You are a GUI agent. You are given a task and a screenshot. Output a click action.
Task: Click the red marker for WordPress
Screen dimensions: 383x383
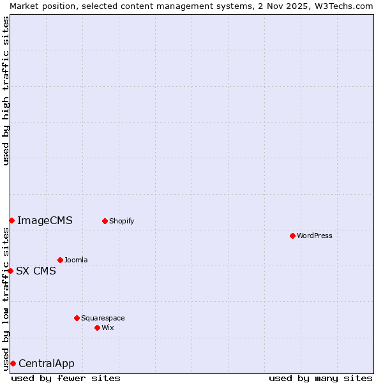coord(293,236)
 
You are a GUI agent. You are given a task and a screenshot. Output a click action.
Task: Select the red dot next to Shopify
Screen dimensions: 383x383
coord(105,221)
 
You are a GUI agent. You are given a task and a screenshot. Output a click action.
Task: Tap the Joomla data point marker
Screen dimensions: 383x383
coord(60,260)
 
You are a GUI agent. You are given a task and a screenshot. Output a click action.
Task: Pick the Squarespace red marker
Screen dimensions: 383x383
coord(77,318)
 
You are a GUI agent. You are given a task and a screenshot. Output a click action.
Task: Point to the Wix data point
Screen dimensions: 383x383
coord(97,327)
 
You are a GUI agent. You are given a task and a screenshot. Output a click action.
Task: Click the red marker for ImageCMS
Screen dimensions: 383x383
coord(11,220)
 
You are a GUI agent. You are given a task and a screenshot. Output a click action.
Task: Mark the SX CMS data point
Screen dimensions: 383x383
coord(10,271)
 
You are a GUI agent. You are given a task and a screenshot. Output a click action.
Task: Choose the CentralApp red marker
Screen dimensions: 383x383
coord(13,363)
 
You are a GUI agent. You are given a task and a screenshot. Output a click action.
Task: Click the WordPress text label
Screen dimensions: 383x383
coord(315,236)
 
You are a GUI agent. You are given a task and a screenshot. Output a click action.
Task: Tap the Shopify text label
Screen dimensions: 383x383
coord(121,221)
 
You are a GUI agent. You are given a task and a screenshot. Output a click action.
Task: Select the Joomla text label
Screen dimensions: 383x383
coord(76,260)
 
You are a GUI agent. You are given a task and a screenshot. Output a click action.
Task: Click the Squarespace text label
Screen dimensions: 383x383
coord(103,318)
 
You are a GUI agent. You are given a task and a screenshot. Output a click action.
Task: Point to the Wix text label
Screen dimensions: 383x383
coord(108,327)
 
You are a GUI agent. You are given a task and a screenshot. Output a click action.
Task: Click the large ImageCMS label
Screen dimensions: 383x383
coord(45,221)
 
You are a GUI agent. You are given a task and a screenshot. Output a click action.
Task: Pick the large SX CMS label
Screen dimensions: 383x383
coord(36,271)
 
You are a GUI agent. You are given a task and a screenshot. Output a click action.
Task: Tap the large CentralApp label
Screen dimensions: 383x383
coord(47,364)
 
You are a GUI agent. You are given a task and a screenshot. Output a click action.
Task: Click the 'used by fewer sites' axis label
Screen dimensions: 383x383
coord(66,378)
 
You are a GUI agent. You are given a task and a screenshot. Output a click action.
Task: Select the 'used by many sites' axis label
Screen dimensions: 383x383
coord(320,378)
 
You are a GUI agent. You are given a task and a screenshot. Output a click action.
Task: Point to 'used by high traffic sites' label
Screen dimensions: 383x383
coord(6,91)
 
